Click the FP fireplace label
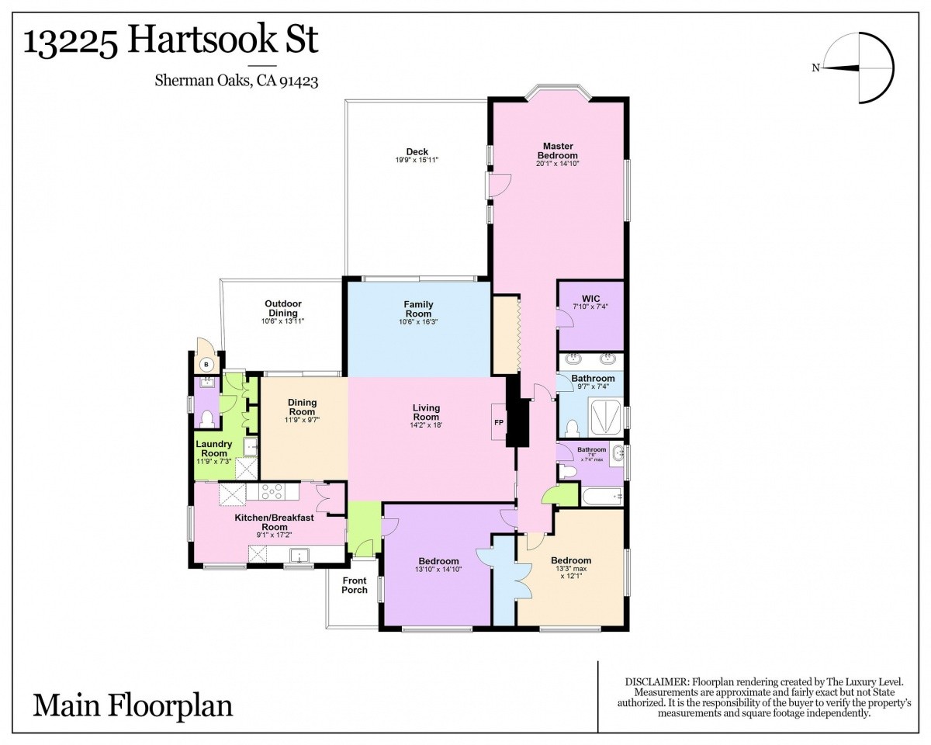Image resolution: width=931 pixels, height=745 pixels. tap(498, 422)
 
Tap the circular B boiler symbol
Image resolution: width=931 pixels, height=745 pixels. tap(206, 365)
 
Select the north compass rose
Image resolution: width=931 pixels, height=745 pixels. tap(854, 68)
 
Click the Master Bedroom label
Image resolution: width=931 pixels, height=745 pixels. tap(558, 151)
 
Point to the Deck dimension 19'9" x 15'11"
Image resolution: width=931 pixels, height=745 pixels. tap(417, 160)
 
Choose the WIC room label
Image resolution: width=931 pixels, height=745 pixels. tap(591, 298)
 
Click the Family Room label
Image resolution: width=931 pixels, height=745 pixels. tap(418, 309)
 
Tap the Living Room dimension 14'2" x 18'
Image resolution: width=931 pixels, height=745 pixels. tap(427, 425)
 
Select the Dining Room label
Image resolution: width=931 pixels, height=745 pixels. tap(303, 407)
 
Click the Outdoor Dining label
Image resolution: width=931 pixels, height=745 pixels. tap(283, 308)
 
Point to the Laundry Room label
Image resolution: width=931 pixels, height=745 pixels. tap(213, 449)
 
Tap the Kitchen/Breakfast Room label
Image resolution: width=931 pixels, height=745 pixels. tap(275, 522)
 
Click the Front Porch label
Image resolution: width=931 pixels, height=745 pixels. tap(355, 585)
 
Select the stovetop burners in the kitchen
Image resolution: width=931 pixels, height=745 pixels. tap(272, 492)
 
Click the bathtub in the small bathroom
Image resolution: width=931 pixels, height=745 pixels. tap(602, 496)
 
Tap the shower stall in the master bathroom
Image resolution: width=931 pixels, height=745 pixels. tap(607, 418)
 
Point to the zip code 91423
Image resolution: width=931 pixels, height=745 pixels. tap(299, 81)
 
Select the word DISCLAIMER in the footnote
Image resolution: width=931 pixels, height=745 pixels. tap(656, 682)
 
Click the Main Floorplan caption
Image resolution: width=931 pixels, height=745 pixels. tap(133, 705)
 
